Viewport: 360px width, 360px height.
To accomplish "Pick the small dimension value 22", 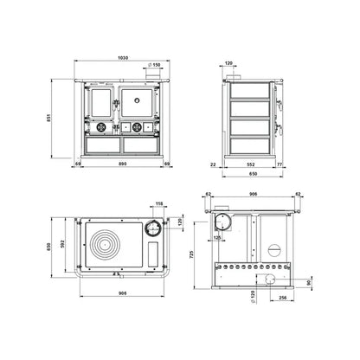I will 214,163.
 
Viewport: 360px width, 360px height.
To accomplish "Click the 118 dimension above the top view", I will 159,204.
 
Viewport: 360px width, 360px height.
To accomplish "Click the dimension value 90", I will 310,281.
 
